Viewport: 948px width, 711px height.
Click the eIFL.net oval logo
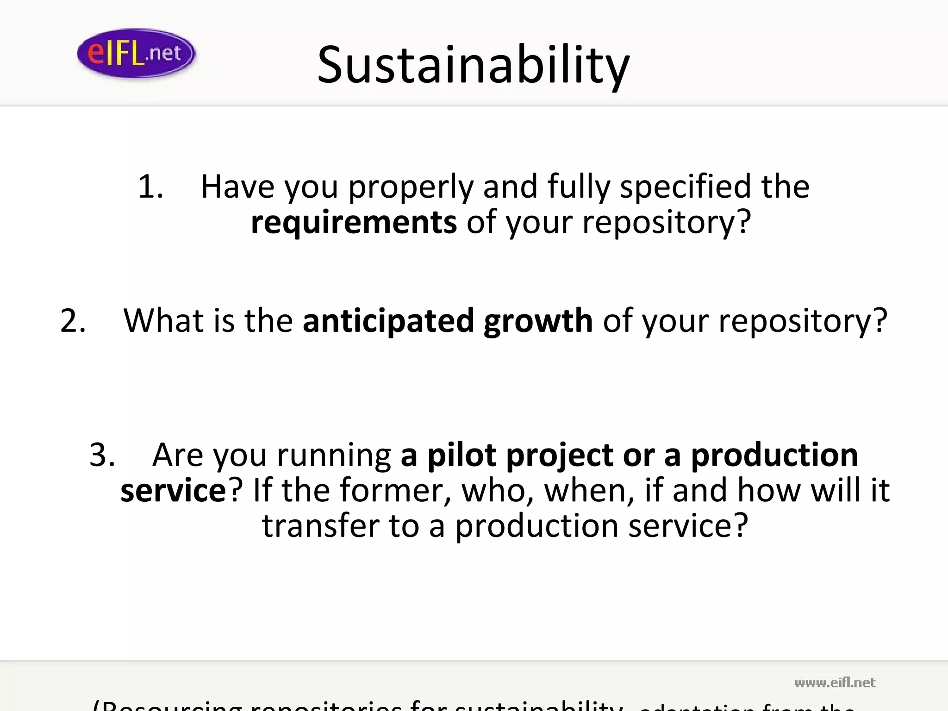[x=136, y=53]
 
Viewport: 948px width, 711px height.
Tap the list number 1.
[x=150, y=187]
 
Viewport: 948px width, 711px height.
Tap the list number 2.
[x=73, y=320]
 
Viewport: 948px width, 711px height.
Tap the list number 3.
[x=102, y=455]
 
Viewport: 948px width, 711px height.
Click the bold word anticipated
[x=388, y=320]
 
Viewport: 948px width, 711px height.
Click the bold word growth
[x=538, y=320]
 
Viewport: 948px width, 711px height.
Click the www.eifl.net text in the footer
[x=835, y=683]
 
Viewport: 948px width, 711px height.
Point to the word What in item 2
[x=163, y=320]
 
